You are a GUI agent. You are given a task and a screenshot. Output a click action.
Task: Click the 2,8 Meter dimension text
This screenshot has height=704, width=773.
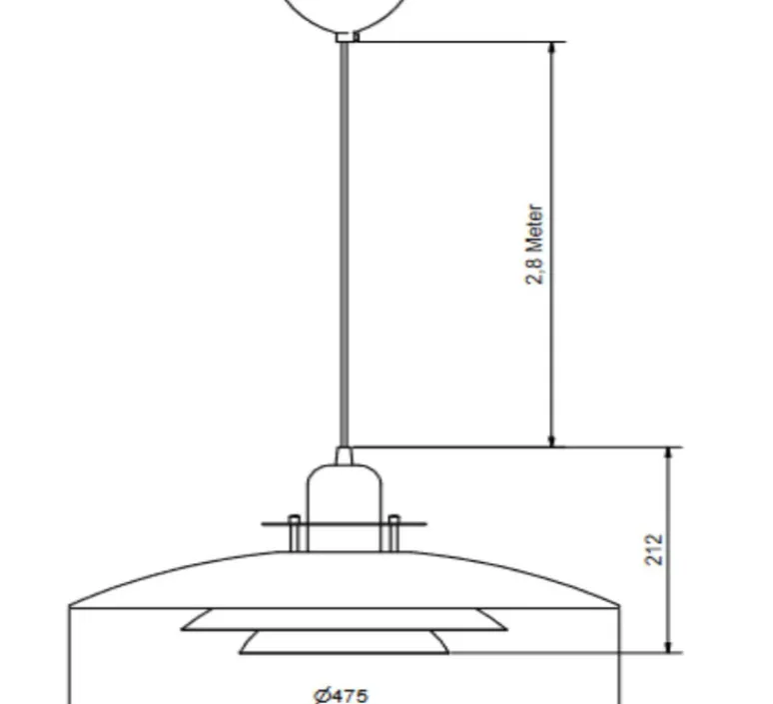point(535,245)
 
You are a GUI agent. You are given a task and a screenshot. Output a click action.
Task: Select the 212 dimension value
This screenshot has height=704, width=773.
point(654,549)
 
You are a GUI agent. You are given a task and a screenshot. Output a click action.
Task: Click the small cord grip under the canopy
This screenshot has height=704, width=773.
point(347,37)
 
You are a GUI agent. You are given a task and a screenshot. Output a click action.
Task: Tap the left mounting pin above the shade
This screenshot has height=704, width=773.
point(294,532)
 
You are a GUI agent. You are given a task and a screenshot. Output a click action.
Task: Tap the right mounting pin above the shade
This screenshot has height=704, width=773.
point(394,532)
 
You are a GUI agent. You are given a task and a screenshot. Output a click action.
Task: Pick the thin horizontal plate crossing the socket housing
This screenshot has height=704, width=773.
point(345,523)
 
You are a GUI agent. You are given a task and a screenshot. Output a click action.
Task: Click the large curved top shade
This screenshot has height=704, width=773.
point(345,579)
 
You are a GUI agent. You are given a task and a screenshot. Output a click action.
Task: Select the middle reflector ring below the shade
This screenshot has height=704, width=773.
point(345,620)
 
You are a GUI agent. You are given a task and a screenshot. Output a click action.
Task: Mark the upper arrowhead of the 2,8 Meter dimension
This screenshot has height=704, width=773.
point(551,50)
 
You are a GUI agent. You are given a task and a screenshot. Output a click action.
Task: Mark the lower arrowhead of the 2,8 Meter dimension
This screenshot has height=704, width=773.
point(551,439)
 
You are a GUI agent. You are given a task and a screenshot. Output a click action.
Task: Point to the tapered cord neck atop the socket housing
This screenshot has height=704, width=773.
point(345,456)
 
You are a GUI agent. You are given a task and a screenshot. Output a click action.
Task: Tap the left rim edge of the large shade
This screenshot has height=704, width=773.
point(70,606)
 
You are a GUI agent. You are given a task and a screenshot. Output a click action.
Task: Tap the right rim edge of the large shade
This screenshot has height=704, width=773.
point(619,606)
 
